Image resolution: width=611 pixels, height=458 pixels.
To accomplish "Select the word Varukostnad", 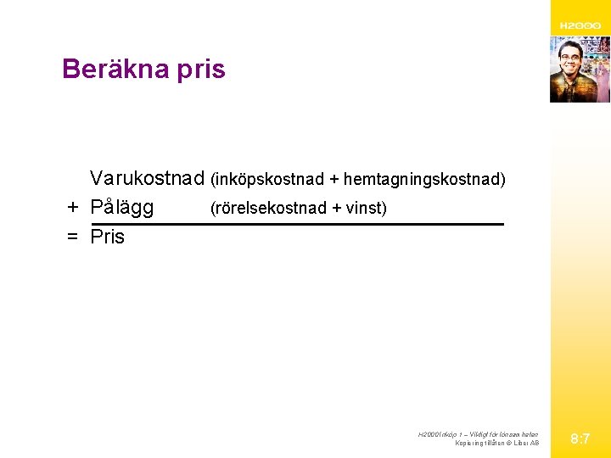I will (x=148, y=179).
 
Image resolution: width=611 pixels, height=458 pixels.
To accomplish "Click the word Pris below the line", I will (x=107, y=237).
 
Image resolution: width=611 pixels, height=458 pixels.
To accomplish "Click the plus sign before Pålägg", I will (x=74, y=208).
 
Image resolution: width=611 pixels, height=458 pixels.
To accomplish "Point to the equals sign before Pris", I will (x=74, y=237).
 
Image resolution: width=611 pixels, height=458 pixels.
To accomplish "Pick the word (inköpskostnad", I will (x=267, y=180).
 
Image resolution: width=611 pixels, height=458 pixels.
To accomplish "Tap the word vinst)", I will (x=366, y=209).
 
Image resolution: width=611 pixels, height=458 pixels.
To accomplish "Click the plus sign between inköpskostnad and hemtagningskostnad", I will (x=334, y=180).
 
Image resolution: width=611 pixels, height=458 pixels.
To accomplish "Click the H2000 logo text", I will (x=580, y=26).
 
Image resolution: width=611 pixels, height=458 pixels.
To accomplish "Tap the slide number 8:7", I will (x=580, y=439).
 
